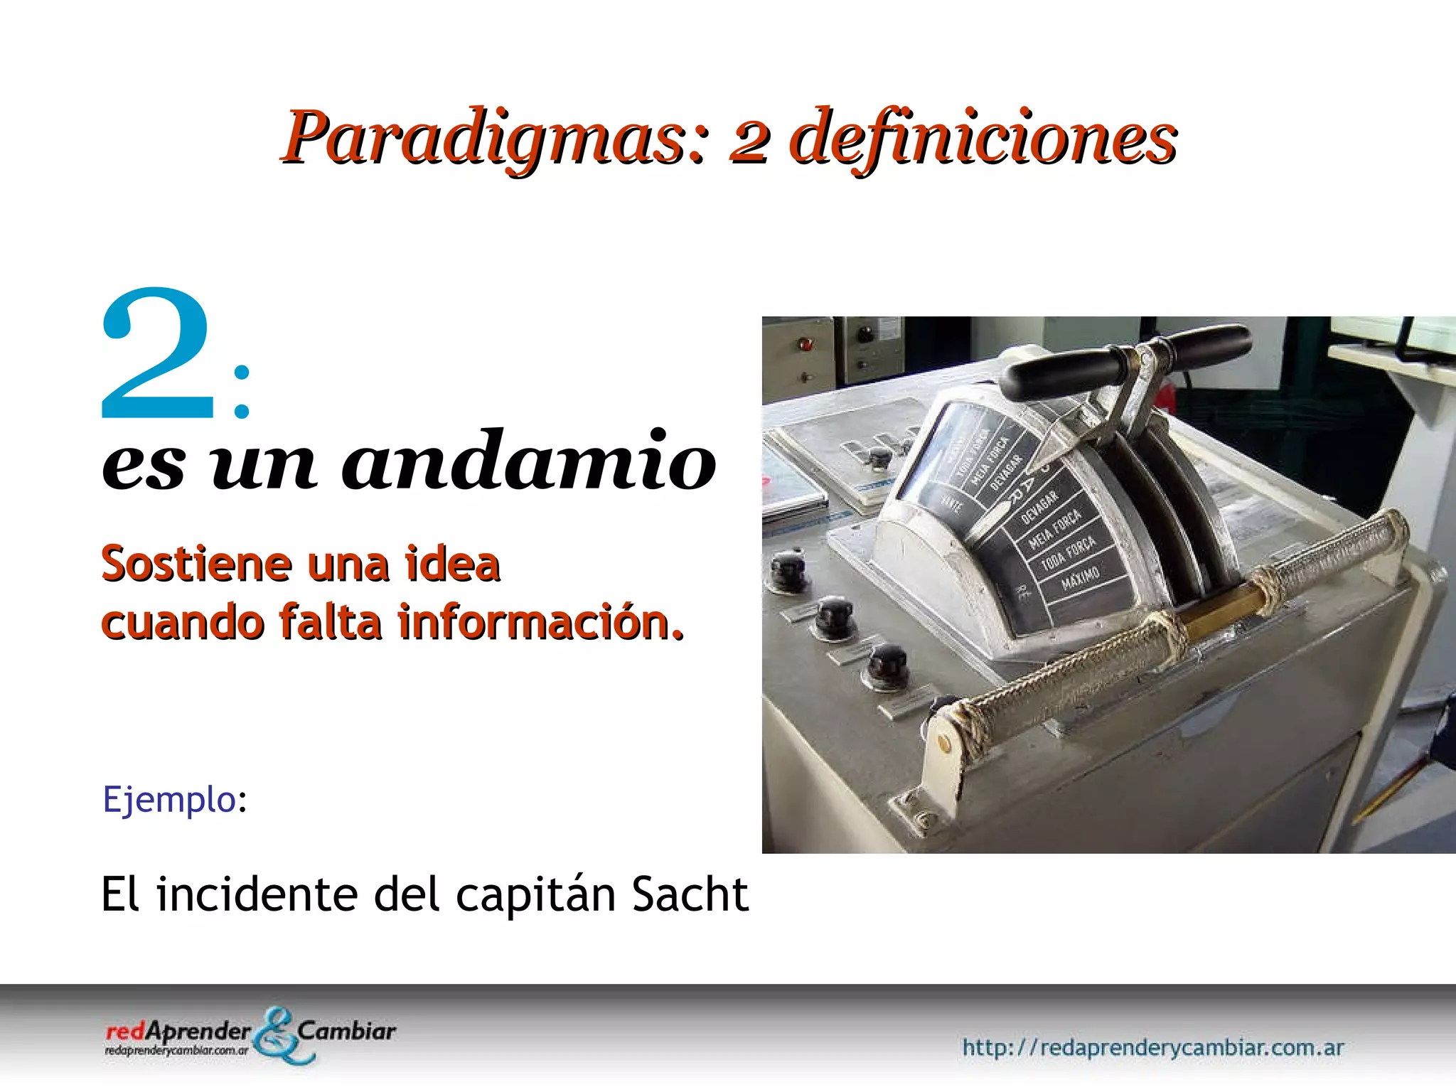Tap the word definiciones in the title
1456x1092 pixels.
coord(983,137)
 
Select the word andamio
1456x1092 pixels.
coord(529,463)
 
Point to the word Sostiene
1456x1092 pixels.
coord(196,564)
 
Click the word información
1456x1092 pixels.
coord(540,623)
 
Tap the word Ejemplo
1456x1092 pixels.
coord(169,799)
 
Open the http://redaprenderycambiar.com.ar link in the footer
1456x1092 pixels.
coord(1152,1047)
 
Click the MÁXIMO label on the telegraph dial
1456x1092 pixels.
coord(1081,578)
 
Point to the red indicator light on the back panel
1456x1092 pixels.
coord(805,346)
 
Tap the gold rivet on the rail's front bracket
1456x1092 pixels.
coord(943,744)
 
